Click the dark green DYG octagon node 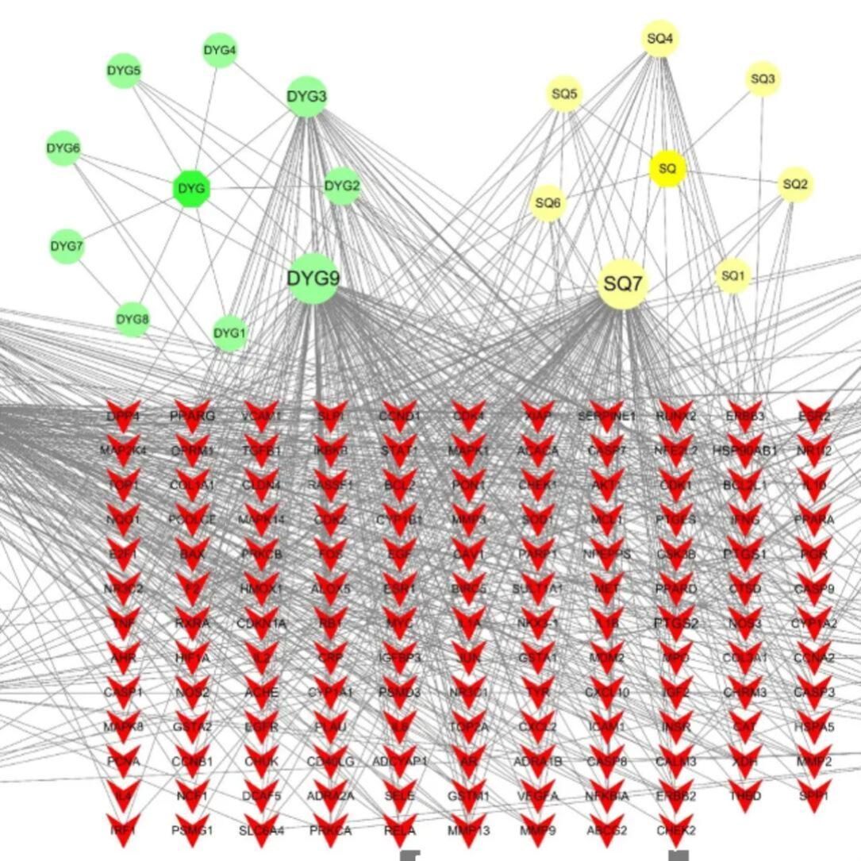point(191,189)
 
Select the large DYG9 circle point(313,279)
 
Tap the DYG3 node point(306,97)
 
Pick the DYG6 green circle point(63,148)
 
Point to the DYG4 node point(220,51)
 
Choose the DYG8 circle point(133,320)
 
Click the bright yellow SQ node point(667,169)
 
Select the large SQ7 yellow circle point(623,284)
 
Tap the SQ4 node point(660,38)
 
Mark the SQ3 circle point(763,79)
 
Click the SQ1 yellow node point(732,276)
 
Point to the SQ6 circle point(548,203)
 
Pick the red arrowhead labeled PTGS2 point(675,623)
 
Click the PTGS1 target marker point(744,554)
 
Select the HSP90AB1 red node point(744,450)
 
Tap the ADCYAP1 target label point(399,761)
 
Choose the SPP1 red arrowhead point(813,795)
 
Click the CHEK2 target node point(675,830)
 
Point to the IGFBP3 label point(399,657)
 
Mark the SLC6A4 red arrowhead point(261,830)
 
